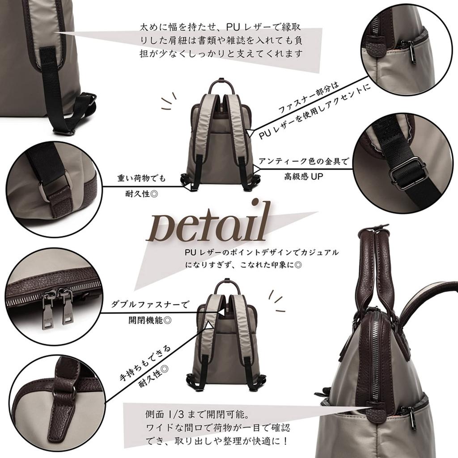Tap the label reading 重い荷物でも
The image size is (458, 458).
click(x=141, y=178)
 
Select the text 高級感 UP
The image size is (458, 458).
click(x=304, y=176)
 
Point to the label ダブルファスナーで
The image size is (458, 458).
click(x=150, y=305)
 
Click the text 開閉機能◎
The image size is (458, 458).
click(x=150, y=320)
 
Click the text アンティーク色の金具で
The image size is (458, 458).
click(x=304, y=161)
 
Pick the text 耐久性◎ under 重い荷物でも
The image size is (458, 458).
click(x=141, y=194)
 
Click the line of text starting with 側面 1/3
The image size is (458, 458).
click(x=197, y=414)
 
